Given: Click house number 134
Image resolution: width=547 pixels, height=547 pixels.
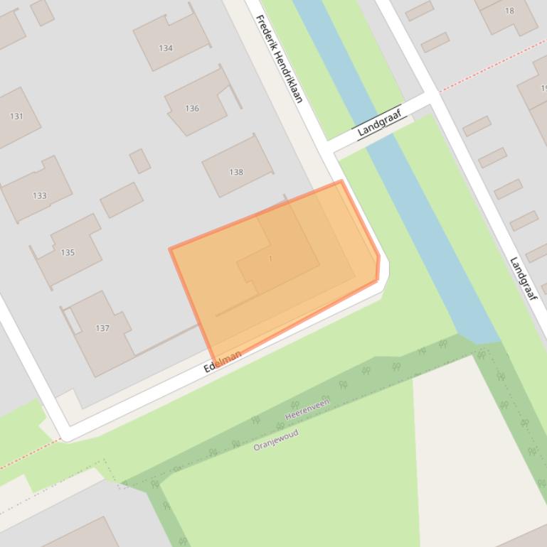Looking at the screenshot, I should [x=166, y=48].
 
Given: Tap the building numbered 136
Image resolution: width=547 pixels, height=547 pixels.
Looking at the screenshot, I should [x=192, y=109].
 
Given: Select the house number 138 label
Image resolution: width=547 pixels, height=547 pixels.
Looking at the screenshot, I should [x=236, y=172].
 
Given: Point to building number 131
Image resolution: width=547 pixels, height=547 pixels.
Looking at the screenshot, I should [x=16, y=117].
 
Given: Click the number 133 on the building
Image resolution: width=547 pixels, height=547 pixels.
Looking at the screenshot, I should [x=39, y=196].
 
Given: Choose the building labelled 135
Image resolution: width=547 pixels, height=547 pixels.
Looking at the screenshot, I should [x=68, y=252].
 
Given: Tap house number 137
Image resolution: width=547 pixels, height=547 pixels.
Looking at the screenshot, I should [x=102, y=328].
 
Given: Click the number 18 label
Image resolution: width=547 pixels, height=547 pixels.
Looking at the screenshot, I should [x=509, y=11].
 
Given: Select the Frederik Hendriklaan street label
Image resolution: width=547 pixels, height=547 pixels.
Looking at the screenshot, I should [x=279, y=59].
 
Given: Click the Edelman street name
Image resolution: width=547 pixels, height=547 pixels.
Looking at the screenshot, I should [x=223, y=361].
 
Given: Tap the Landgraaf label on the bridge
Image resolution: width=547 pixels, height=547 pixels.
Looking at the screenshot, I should [x=379, y=121].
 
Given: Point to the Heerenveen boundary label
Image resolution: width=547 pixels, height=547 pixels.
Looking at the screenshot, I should [x=307, y=409].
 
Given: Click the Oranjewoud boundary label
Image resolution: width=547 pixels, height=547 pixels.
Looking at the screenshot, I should [x=276, y=440].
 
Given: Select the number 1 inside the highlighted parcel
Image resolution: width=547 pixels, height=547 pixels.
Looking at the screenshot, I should [x=270, y=259].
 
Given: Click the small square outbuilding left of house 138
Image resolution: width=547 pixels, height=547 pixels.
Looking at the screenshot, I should [x=139, y=161].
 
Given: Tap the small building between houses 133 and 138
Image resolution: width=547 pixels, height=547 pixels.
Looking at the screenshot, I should [x=121, y=200].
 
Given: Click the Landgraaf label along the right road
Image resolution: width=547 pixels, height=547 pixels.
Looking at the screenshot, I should [x=523, y=277].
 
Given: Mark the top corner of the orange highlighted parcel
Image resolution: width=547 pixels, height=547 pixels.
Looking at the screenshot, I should [x=341, y=182].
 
